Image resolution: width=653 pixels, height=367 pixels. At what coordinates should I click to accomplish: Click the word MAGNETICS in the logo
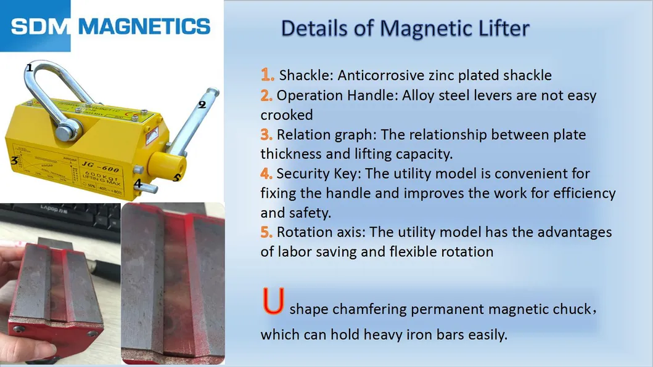tap(145, 26)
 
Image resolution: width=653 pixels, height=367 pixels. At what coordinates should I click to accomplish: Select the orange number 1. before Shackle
tap(267, 75)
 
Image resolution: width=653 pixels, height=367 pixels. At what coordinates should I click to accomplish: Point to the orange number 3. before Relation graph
tap(266, 134)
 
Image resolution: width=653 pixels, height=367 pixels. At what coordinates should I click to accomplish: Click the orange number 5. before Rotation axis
tap(266, 232)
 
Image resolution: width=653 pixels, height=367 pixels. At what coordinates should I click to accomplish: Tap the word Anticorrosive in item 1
tap(376, 76)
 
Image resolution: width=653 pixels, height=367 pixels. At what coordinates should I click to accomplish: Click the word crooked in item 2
tap(286, 115)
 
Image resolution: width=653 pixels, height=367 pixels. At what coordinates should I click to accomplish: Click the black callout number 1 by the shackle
tap(29, 68)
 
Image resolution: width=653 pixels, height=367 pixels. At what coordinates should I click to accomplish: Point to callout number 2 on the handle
tap(201, 105)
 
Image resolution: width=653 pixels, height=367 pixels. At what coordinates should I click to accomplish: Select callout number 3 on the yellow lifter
tap(14, 161)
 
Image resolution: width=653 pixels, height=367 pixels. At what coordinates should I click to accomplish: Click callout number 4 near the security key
tap(138, 183)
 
